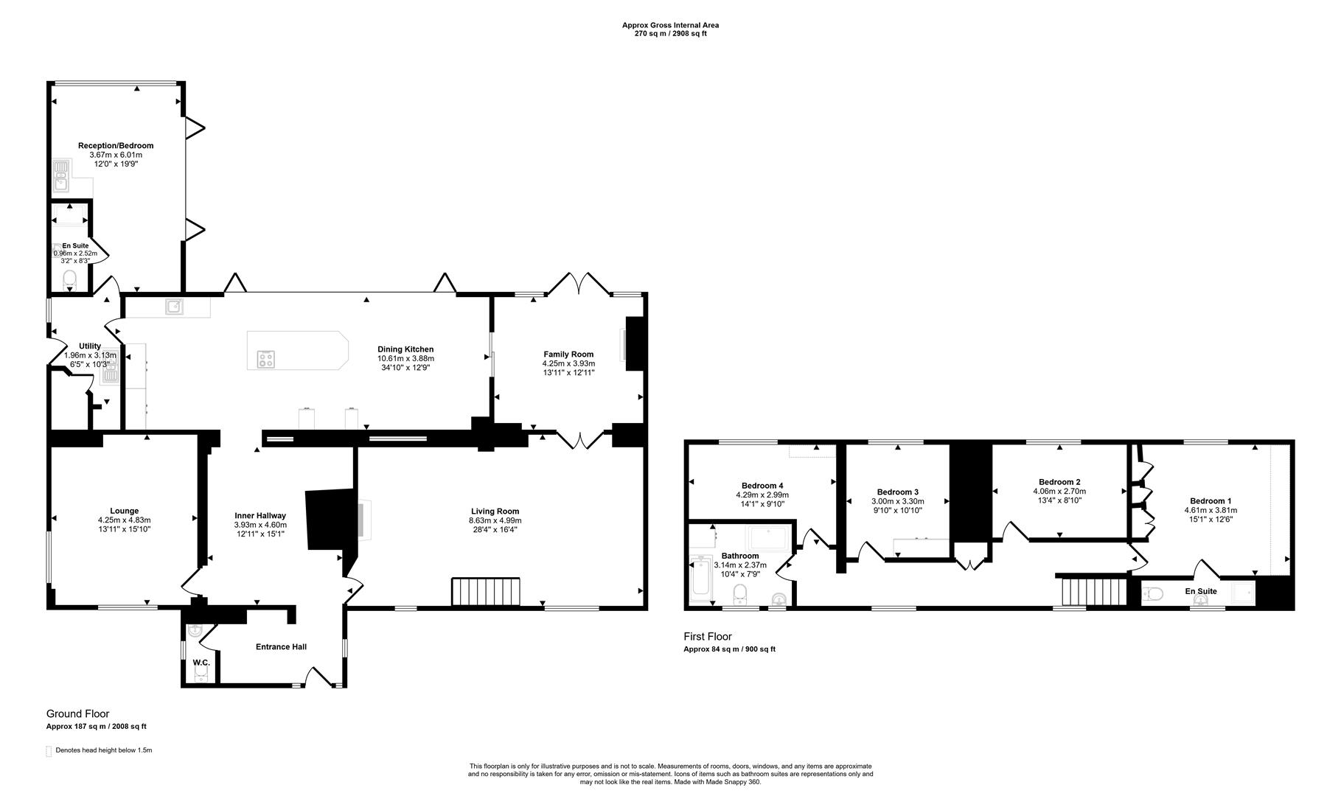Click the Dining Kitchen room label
point(405,349)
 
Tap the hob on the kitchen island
point(266,359)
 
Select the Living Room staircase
point(486,591)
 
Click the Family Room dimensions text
point(568,368)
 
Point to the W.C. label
point(201,663)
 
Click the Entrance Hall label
point(281,647)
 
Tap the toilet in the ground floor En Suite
point(70,279)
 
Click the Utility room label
point(90,346)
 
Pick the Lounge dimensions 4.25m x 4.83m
point(125,520)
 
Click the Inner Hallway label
point(260,516)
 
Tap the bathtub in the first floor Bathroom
point(700,579)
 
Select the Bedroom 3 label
point(897,492)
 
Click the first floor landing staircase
point(1094,590)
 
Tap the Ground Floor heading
point(77,713)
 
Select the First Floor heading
point(707,636)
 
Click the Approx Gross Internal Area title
point(670,25)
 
